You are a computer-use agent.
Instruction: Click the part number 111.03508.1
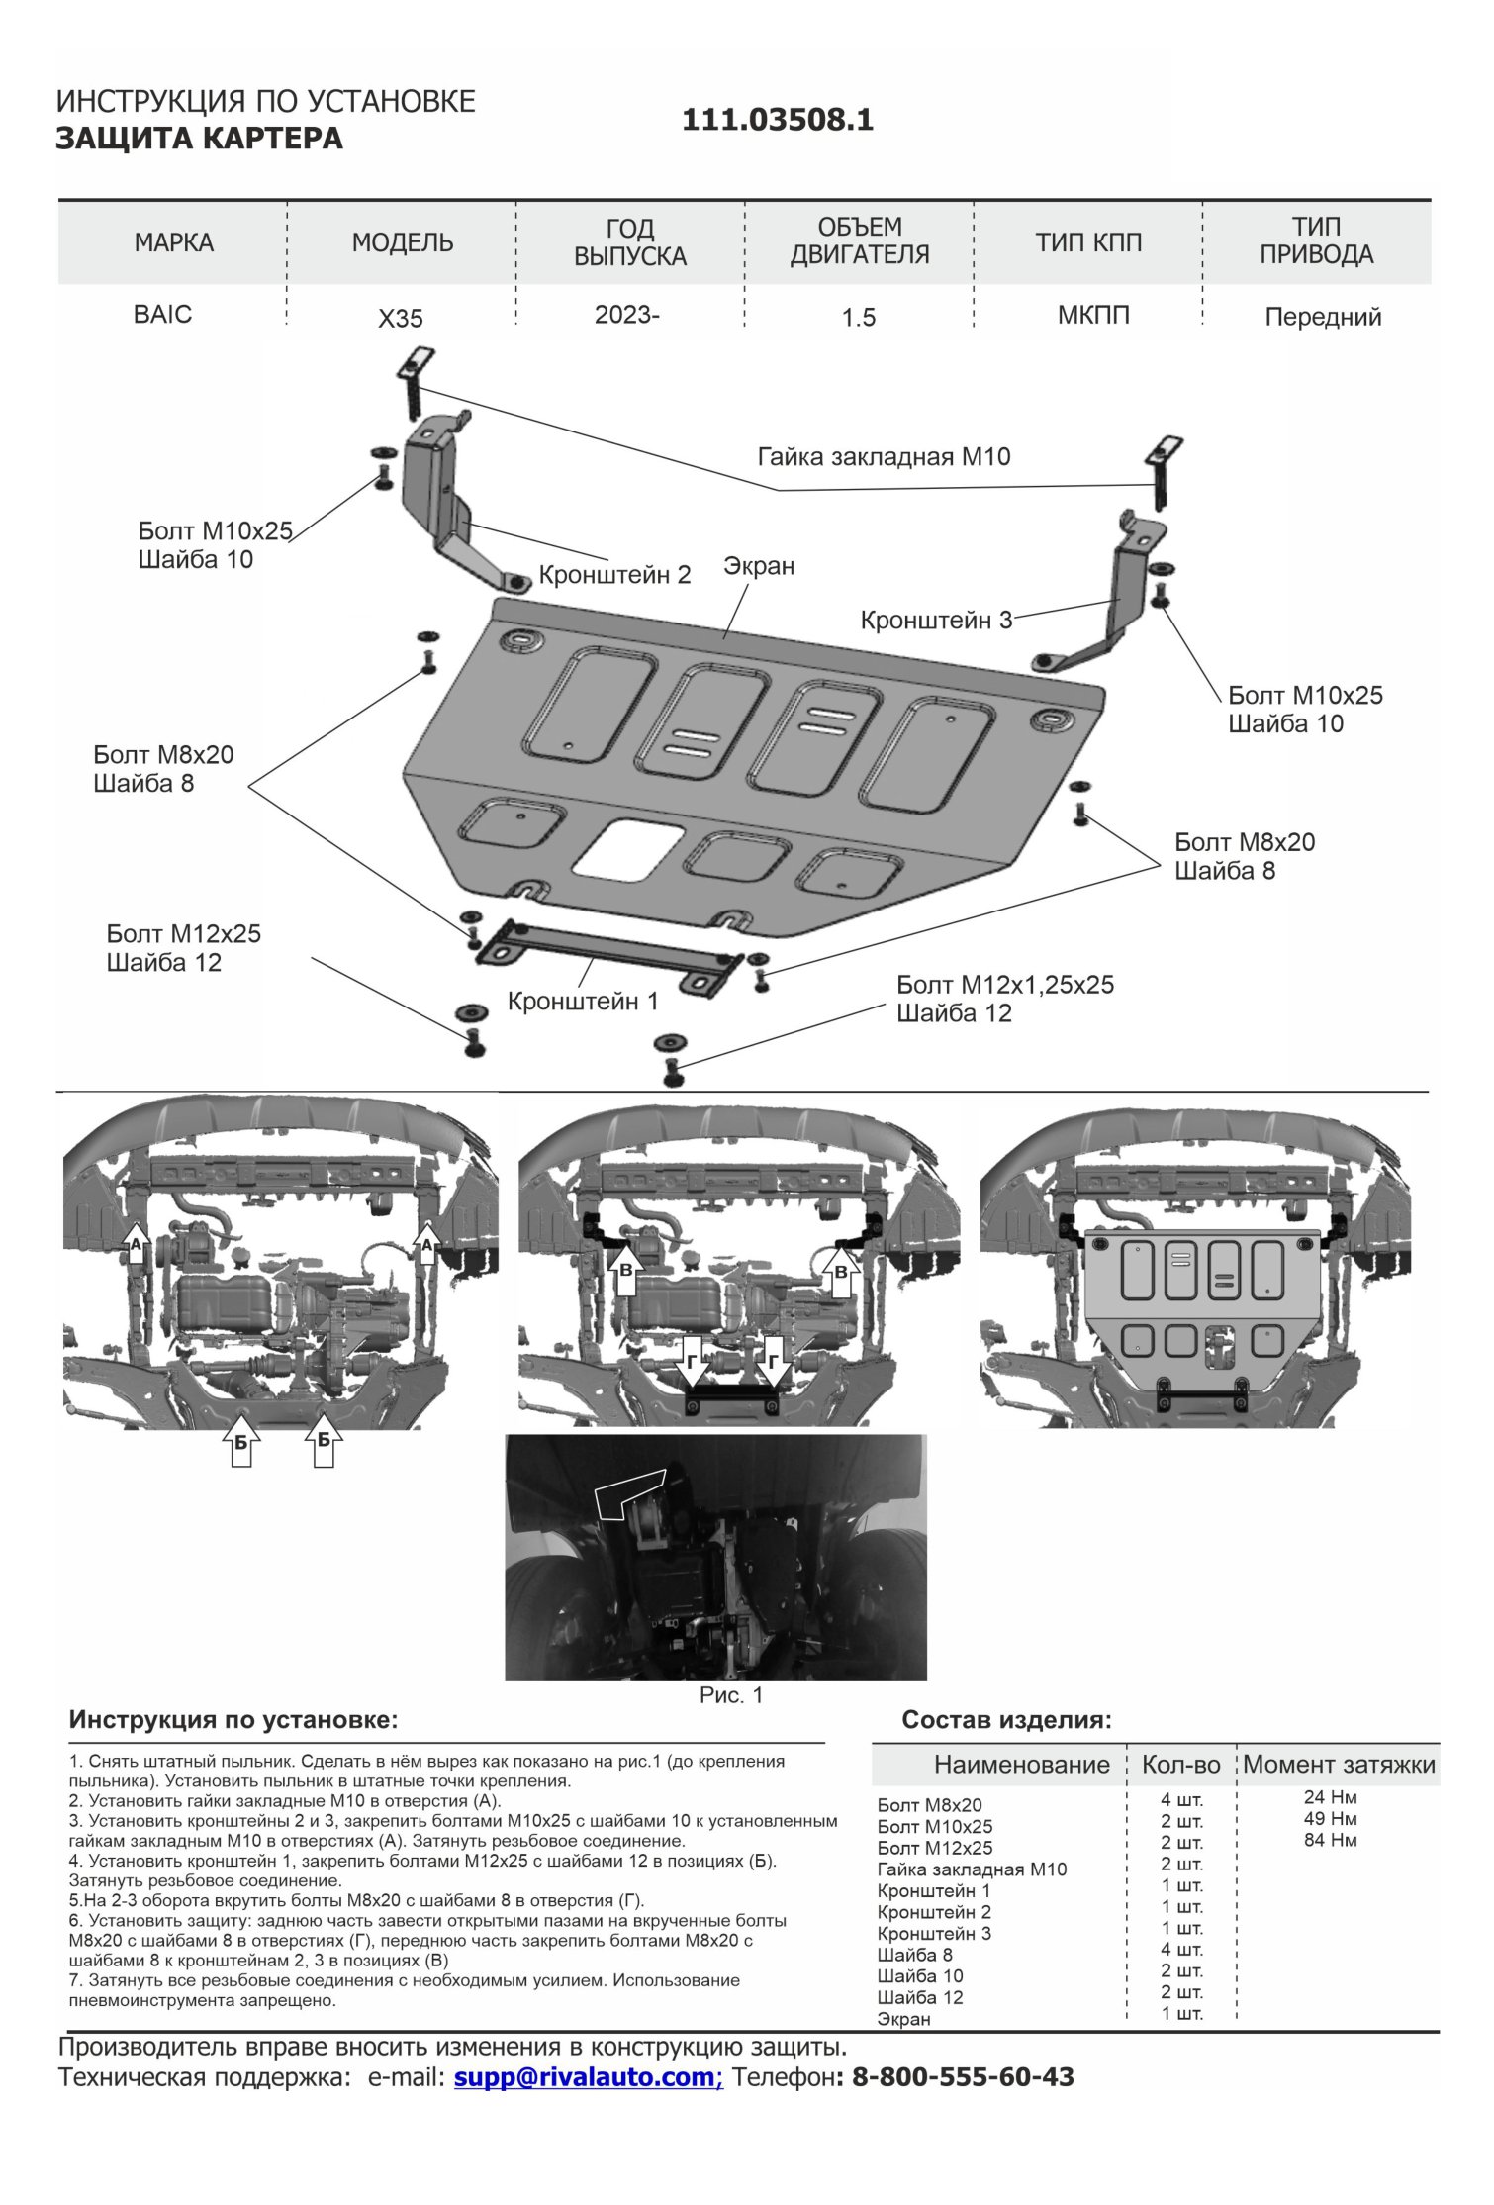[778, 121]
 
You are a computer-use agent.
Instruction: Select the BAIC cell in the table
[162, 315]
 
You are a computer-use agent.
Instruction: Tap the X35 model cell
[401, 318]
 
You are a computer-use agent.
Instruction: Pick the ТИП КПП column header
[1088, 242]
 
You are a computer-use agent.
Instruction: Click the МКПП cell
[1092, 315]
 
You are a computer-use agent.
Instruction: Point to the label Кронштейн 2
[614, 575]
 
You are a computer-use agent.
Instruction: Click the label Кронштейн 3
[936, 621]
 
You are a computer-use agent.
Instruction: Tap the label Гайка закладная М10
[884, 457]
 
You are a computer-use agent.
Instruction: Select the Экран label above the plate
[758, 567]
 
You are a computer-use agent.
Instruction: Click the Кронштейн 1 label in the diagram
[583, 1002]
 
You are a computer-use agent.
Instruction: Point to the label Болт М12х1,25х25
[1004, 985]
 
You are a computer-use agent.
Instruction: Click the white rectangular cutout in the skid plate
[625, 847]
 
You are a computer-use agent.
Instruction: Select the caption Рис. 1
[731, 1695]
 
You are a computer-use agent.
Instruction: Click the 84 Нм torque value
[1330, 1840]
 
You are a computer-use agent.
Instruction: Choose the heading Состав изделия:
[1006, 1720]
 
